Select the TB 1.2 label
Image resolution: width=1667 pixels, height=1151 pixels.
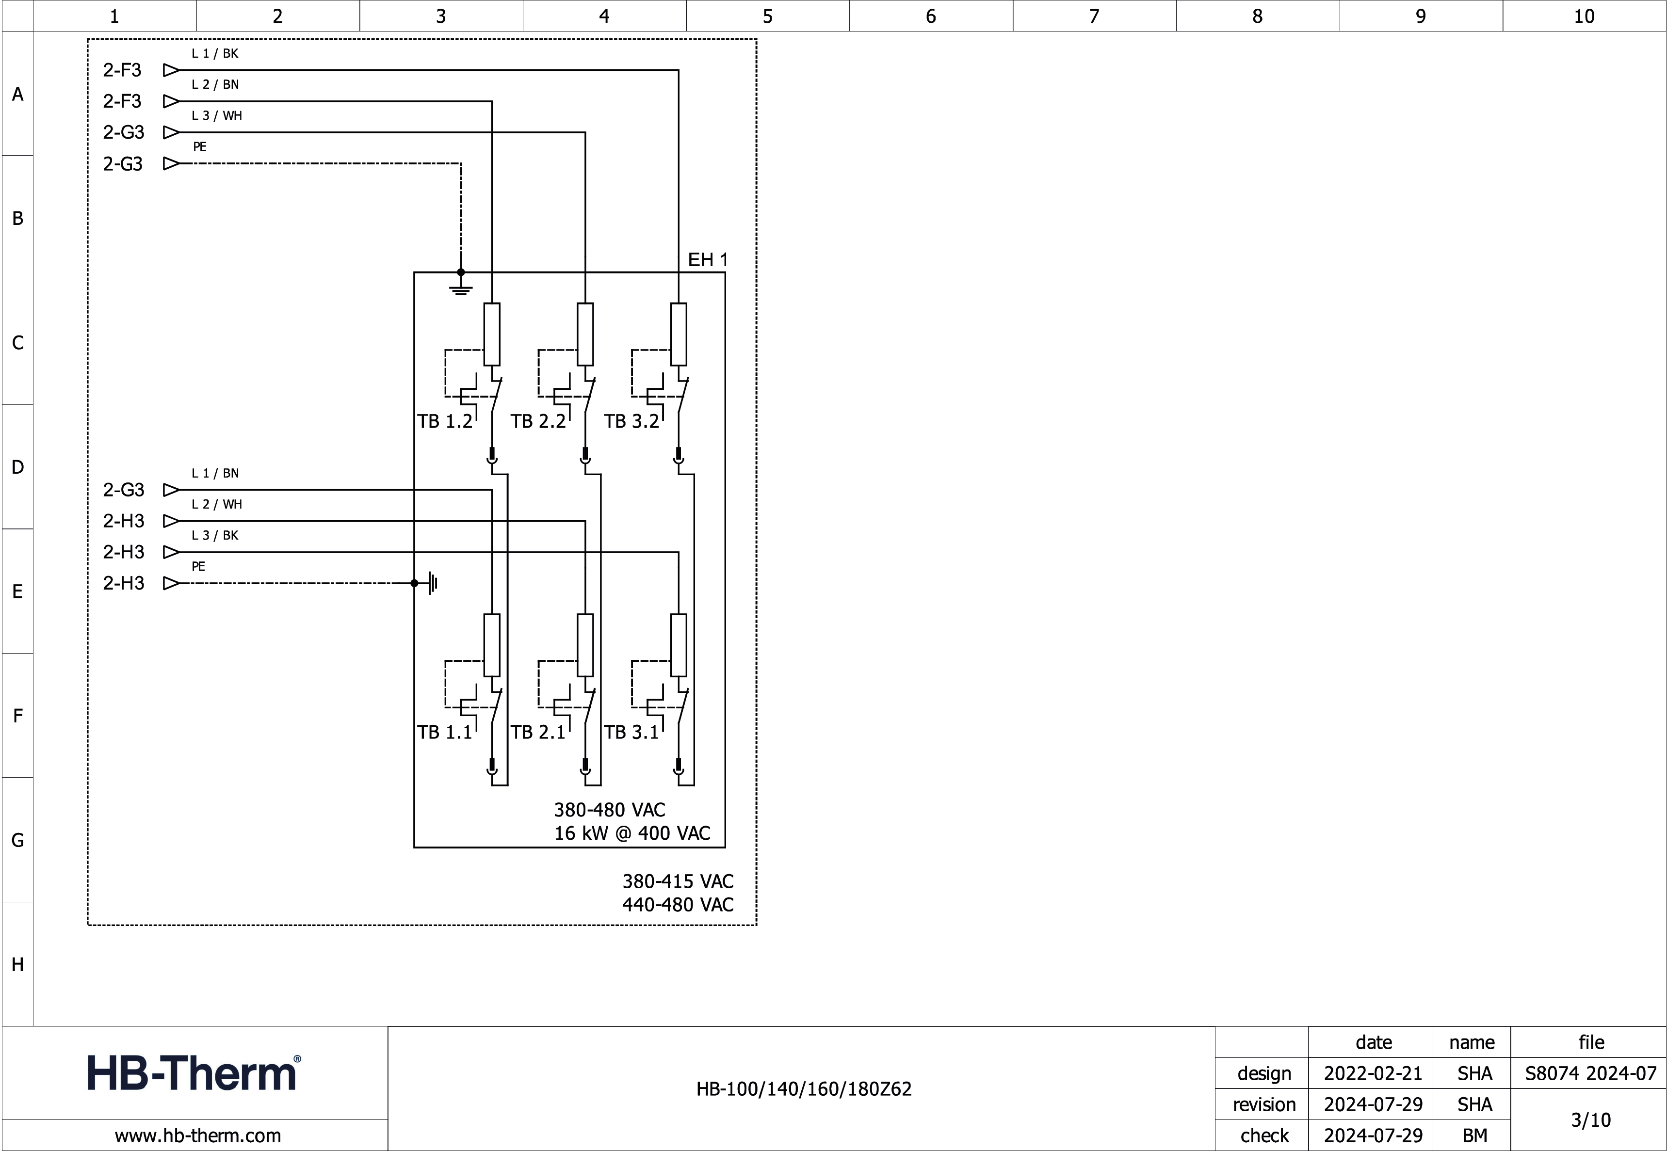point(444,421)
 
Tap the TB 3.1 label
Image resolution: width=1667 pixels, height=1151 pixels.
point(631,732)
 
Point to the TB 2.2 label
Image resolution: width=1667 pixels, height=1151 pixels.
point(538,421)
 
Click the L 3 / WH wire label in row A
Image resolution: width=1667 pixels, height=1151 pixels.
point(216,115)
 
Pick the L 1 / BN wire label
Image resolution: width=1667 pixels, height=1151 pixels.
point(215,473)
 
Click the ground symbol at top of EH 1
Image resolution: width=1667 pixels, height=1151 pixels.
point(461,288)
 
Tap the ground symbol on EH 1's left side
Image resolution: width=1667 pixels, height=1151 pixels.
point(433,583)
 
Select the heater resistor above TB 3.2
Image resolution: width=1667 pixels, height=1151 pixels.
point(678,334)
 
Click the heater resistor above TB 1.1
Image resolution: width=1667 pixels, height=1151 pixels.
point(491,645)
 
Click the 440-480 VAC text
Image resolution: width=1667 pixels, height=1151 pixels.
point(678,904)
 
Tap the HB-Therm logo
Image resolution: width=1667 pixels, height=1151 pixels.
point(194,1072)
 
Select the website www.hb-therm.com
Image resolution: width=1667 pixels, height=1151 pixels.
point(198,1136)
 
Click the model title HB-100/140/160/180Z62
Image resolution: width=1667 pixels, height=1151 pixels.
point(804,1089)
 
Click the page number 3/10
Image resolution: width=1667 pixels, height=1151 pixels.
point(1590,1120)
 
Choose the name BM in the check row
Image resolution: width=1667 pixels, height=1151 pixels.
point(1474,1136)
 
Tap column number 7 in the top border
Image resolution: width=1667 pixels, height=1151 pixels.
point(1094,16)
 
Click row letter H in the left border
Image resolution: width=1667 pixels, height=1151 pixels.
point(17,964)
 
